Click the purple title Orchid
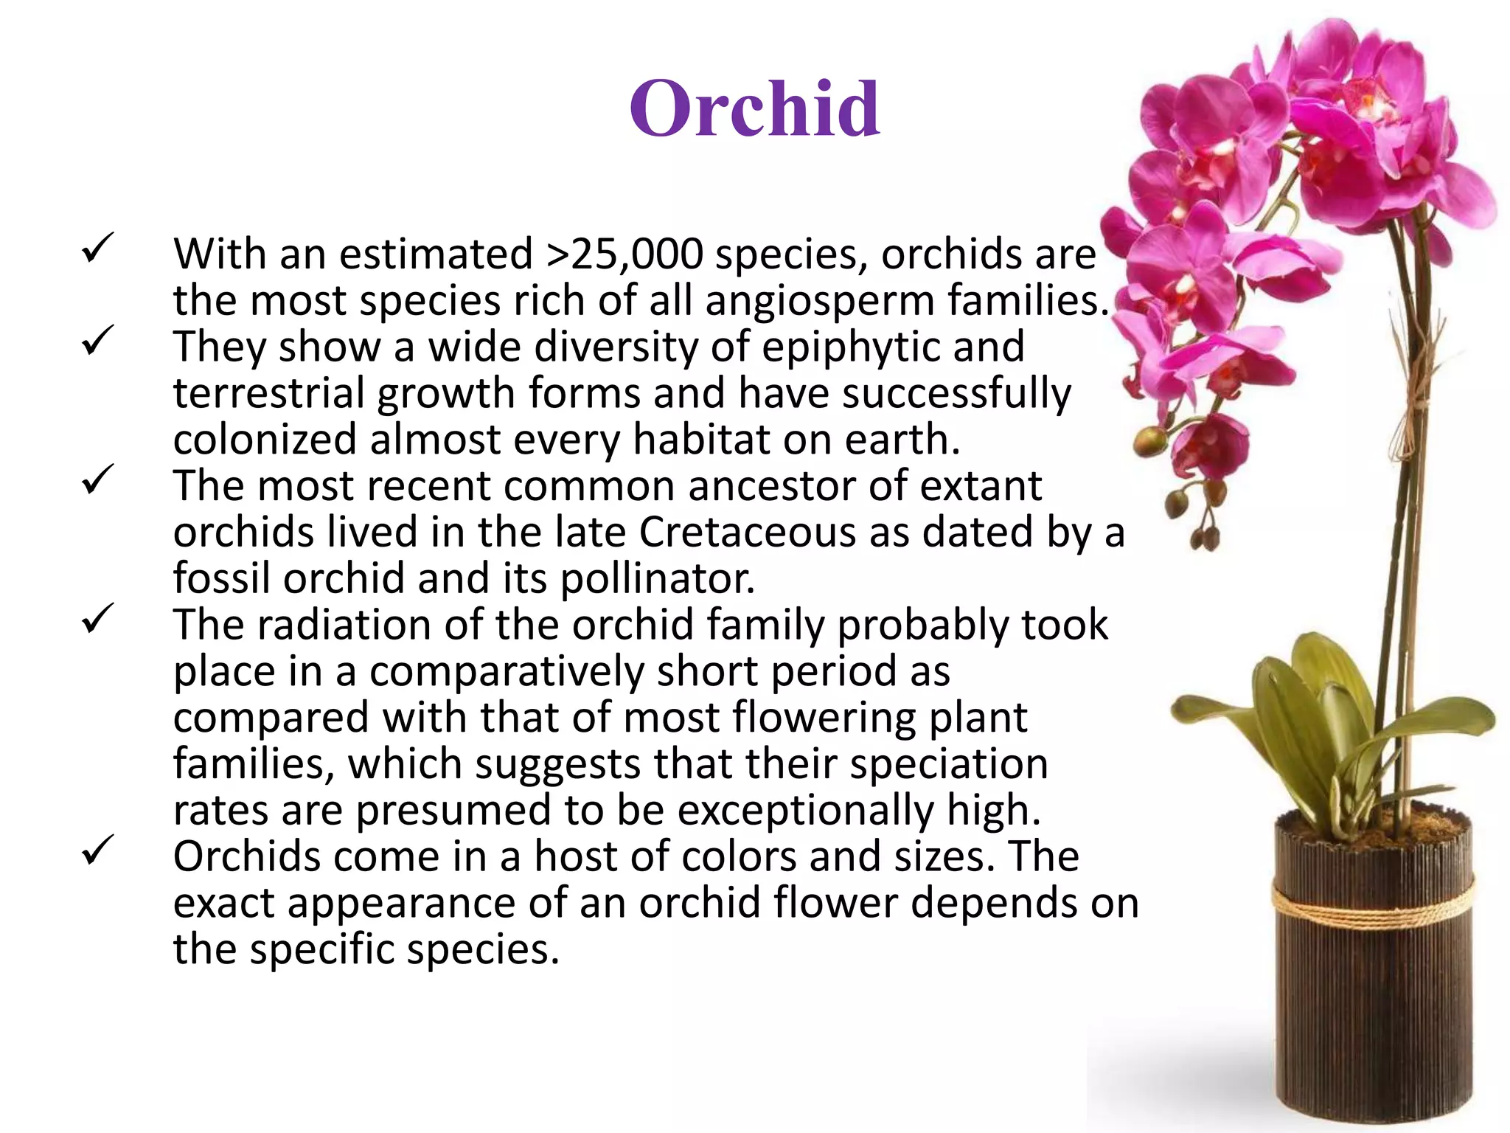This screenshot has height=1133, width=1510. tap(754, 109)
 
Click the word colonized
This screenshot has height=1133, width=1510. tap(265, 440)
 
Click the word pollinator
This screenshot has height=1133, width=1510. tap(658, 578)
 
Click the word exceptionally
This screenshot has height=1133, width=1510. tap(805, 810)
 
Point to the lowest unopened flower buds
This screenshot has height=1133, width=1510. tap(1205, 539)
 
